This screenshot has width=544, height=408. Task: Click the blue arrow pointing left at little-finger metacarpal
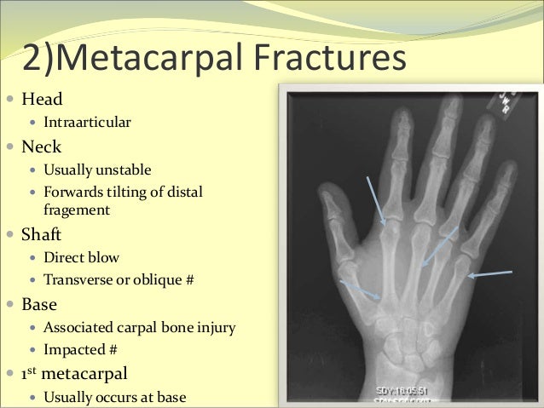point(490,274)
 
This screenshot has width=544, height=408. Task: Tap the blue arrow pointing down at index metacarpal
point(375,201)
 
